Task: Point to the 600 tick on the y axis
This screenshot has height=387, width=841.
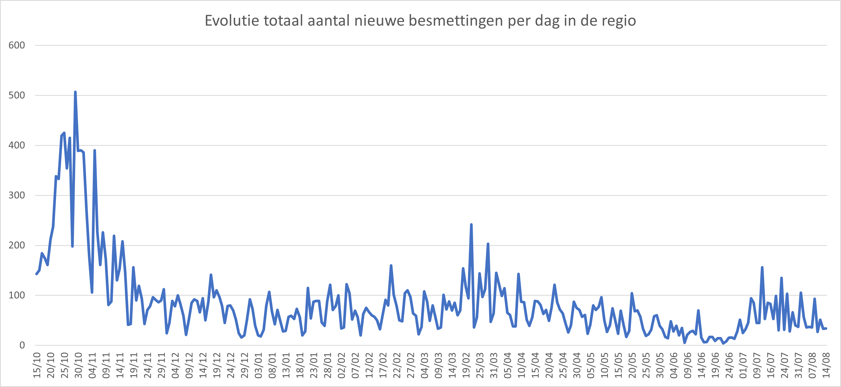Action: (17, 45)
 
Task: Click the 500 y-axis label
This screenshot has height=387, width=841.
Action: (17, 95)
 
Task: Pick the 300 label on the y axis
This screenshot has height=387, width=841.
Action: (17, 195)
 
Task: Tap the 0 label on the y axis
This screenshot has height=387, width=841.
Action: (22, 345)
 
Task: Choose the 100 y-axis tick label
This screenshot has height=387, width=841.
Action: (17, 295)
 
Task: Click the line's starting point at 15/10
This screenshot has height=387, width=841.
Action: (37, 274)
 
